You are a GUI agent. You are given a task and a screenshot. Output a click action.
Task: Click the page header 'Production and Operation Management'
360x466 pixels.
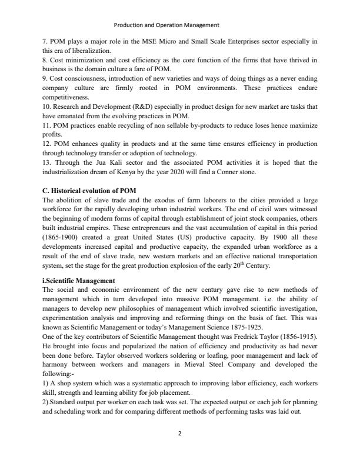pyautogui.click(x=166, y=25)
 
